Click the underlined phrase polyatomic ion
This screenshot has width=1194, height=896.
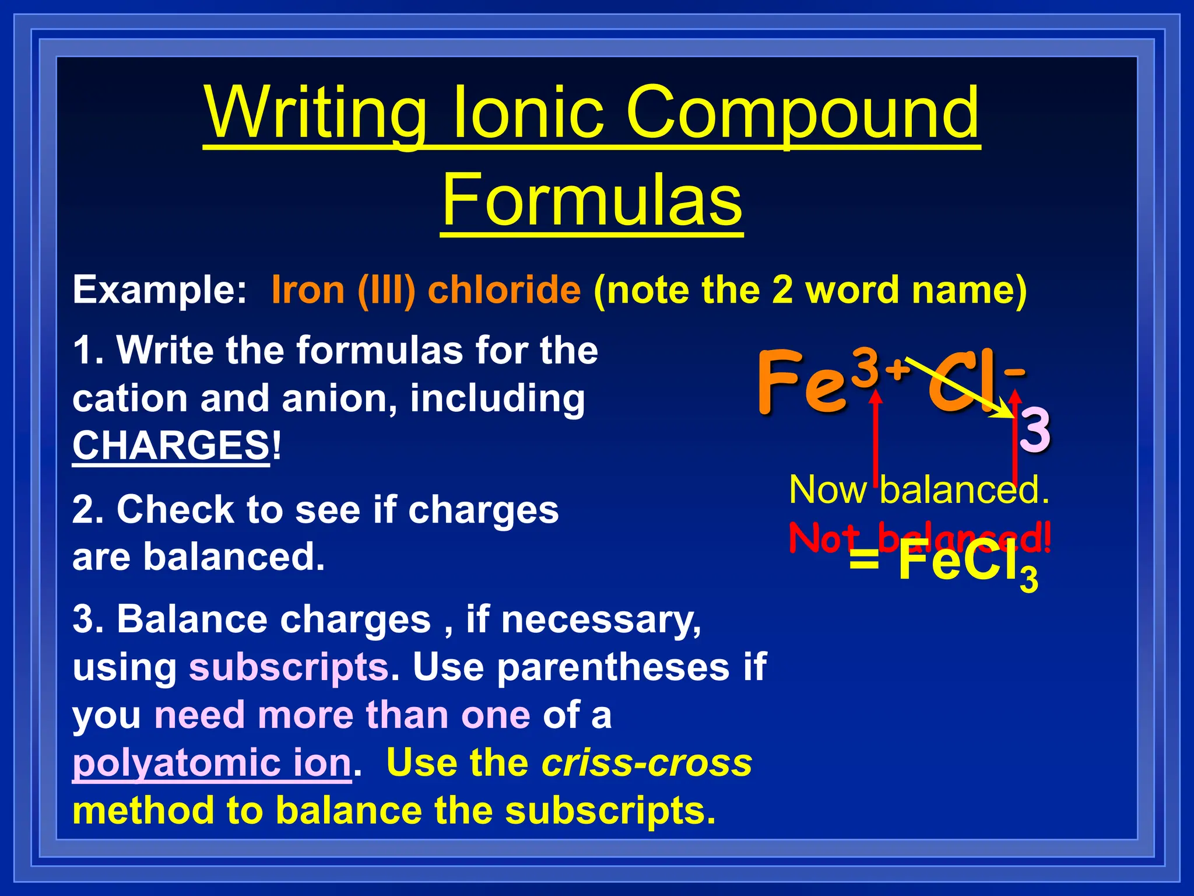pyautogui.click(x=212, y=762)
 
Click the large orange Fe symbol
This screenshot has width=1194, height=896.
pyautogui.click(x=802, y=382)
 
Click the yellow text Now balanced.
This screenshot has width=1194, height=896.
pyautogui.click(x=919, y=489)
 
